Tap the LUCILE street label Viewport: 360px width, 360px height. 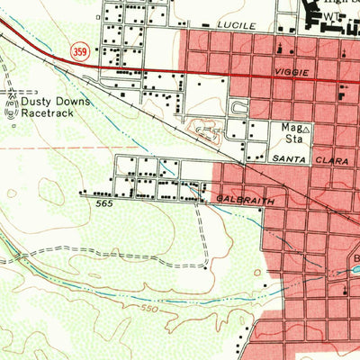tap(234, 27)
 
